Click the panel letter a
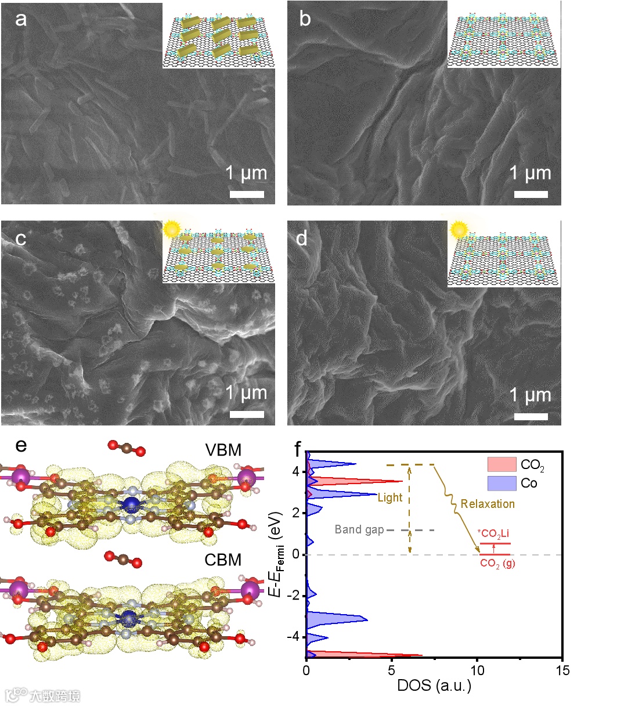[21, 20]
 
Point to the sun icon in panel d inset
[459, 229]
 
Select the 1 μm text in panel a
[246, 174]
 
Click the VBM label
[223, 450]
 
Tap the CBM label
[223, 560]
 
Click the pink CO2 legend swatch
[501, 464]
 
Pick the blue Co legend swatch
[501, 483]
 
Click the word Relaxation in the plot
[488, 504]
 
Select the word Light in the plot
[389, 497]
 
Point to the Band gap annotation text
[359, 530]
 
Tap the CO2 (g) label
[497, 564]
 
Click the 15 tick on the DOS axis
[562, 670]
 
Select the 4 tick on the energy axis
[295, 472]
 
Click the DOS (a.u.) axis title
[434, 686]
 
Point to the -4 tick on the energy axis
[293, 637]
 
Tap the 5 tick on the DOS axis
[392, 670]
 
